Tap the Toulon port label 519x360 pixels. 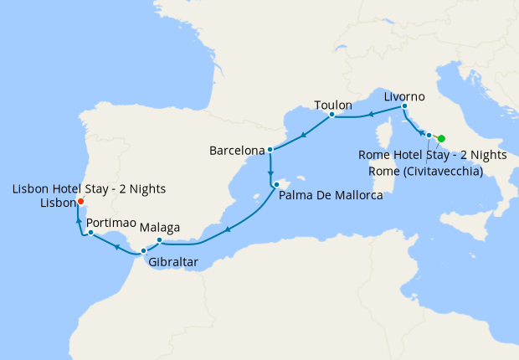pos(332,105)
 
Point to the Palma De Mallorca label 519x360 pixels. pos(331,195)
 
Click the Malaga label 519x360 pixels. pos(162,227)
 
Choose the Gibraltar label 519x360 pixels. pos(173,262)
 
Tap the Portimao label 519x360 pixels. pos(113,223)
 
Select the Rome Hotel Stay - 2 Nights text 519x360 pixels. pos(432,155)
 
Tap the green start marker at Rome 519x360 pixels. pos(441,138)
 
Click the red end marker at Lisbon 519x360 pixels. pos(80,201)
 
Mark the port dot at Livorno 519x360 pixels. pos(404,106)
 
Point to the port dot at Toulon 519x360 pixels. pos(331,115)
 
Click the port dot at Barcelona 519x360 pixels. pos(270,151)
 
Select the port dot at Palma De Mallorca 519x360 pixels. pos(275,183)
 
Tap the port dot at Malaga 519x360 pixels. pos(159,240)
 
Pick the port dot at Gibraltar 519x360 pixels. pos(144,250)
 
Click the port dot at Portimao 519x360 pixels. pos(90,233)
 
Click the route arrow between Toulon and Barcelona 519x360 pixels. pos(301,133)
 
